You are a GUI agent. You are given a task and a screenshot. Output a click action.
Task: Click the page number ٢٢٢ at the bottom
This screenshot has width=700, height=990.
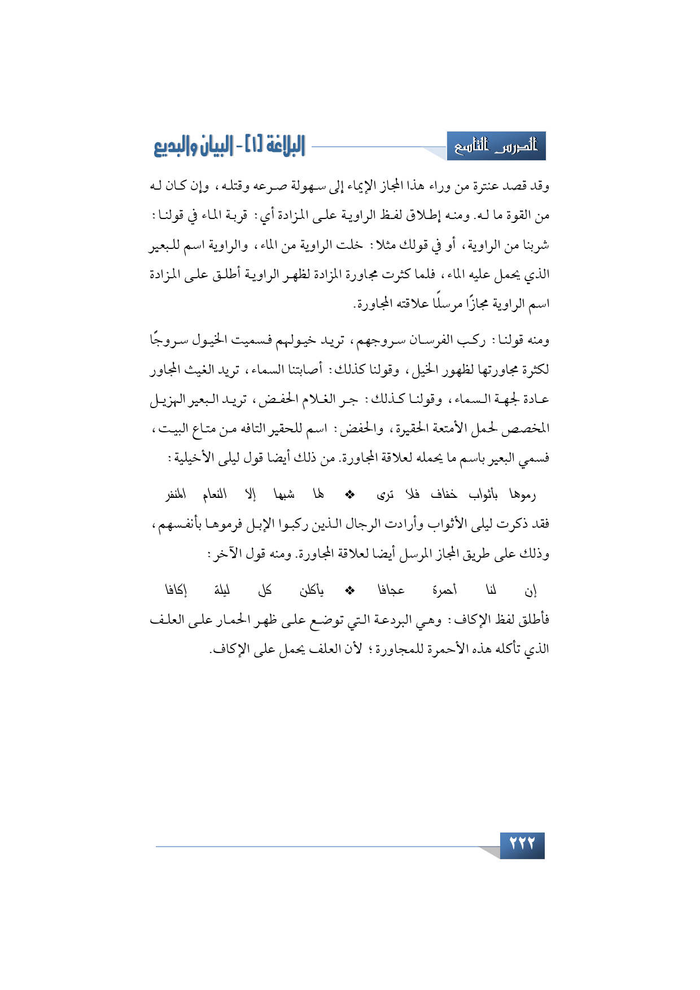click(522, 844)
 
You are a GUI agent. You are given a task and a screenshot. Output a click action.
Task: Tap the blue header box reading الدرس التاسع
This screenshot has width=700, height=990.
click(496, 147)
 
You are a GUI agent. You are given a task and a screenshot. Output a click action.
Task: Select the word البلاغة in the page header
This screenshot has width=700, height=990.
click(277, 147)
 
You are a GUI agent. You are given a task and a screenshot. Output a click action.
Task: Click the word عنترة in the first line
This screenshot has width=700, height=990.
click(472, 186)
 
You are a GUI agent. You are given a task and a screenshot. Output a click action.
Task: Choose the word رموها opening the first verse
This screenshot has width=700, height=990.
click(522, 495)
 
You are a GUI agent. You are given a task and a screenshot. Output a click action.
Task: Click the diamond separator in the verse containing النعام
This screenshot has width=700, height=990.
click(350, 495)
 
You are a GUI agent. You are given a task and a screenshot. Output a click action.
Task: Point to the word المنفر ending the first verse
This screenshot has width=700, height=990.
click(176, 495)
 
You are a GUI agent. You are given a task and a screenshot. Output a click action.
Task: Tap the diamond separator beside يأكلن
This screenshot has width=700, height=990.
click(350, 590)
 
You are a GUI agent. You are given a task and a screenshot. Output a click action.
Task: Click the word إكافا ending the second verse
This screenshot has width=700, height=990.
click(176, 590)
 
